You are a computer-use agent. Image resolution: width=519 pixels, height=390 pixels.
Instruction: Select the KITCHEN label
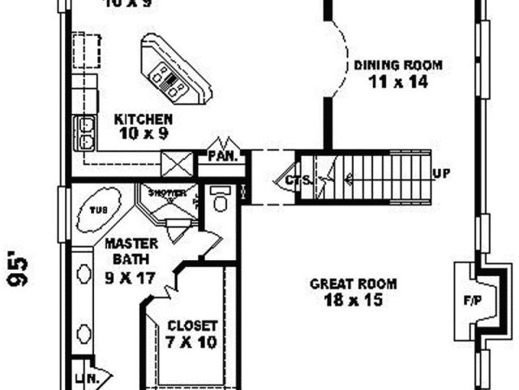pos(143,118)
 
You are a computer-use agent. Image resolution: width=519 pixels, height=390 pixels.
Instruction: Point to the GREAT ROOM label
pos(353,284)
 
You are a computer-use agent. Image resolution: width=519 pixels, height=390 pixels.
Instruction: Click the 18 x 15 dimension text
pos(353,300)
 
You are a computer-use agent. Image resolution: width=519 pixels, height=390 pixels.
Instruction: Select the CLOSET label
pos(192,326)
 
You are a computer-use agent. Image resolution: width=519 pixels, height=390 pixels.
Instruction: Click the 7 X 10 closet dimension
pos(192,342)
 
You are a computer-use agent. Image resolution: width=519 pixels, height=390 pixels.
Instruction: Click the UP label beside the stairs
pos(443,174)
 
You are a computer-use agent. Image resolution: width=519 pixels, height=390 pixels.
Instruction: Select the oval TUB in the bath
pos(97,210)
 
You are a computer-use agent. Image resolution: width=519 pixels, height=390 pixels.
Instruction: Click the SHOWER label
pos(166,193)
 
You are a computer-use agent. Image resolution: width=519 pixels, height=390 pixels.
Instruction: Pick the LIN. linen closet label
pos(84,377)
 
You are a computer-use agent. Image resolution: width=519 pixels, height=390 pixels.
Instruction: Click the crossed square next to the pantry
pos(177,162)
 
